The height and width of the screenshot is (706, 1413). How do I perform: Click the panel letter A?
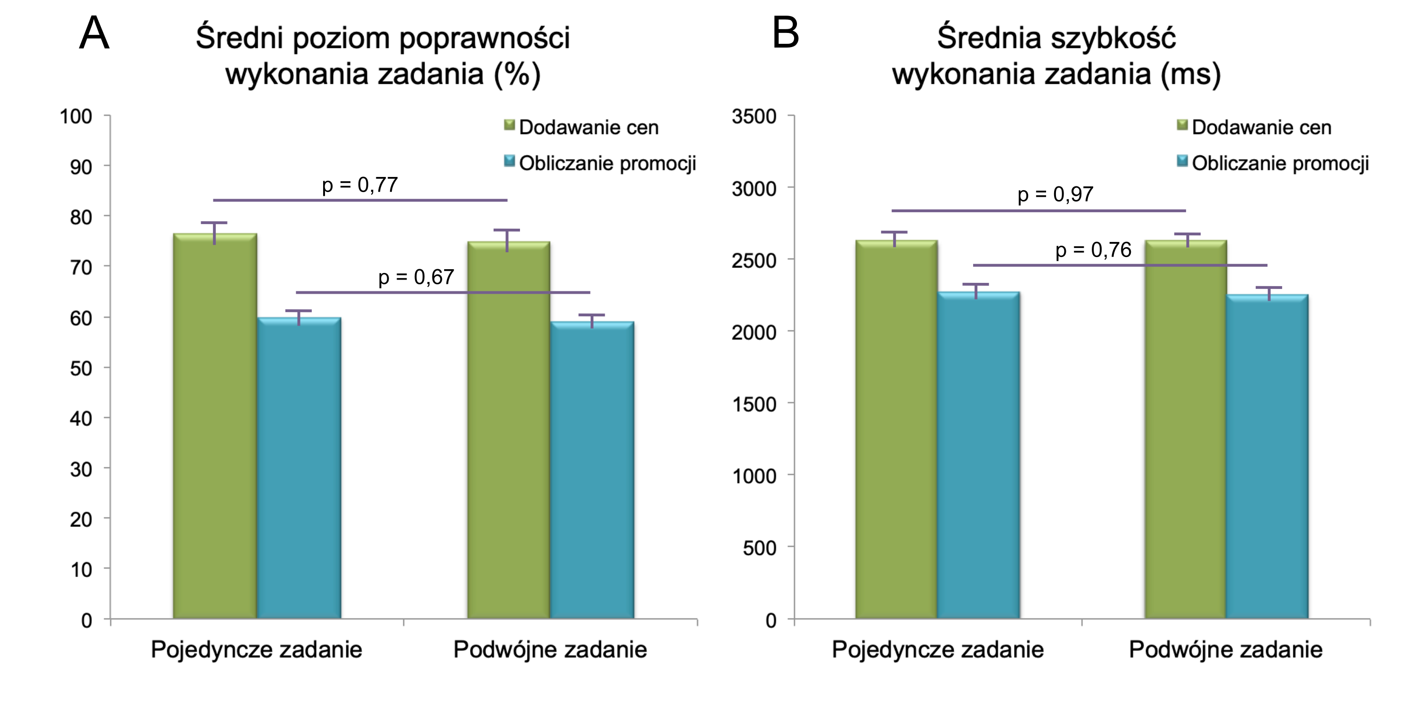coord(94,33)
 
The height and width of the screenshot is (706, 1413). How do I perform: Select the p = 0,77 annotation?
coord(360,185)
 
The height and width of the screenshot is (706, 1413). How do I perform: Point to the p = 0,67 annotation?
coord(416,277)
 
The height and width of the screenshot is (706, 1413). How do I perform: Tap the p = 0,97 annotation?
coord(1056,194)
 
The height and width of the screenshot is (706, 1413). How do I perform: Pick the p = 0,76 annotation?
coord(1093,250)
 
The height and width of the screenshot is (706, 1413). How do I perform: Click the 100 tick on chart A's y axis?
coord(76,117)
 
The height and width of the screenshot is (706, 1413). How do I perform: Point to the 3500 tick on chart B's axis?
coord(754,117)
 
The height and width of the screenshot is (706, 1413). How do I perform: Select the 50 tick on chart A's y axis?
coord(81,369)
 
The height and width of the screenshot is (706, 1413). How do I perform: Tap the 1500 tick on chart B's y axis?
coord(754,404)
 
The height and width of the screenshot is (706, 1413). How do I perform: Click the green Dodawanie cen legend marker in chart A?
coord(510,126)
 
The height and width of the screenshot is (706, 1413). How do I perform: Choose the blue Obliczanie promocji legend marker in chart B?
coord(1183,162)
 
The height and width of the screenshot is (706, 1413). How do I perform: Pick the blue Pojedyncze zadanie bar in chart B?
coord(979,455)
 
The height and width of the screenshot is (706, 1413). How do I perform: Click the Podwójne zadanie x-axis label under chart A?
coord(550,650)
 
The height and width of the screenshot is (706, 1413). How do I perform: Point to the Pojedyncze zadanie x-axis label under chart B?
coord(937,650)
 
